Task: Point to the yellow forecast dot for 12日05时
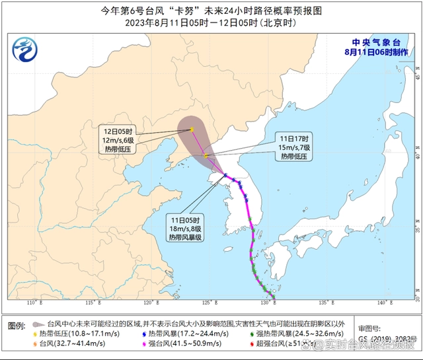pos(192,129)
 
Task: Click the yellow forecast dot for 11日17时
pos(207,156)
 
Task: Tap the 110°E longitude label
pos(30,303)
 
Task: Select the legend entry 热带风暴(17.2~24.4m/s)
pos(177,334)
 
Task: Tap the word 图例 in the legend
pos(17,325)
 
